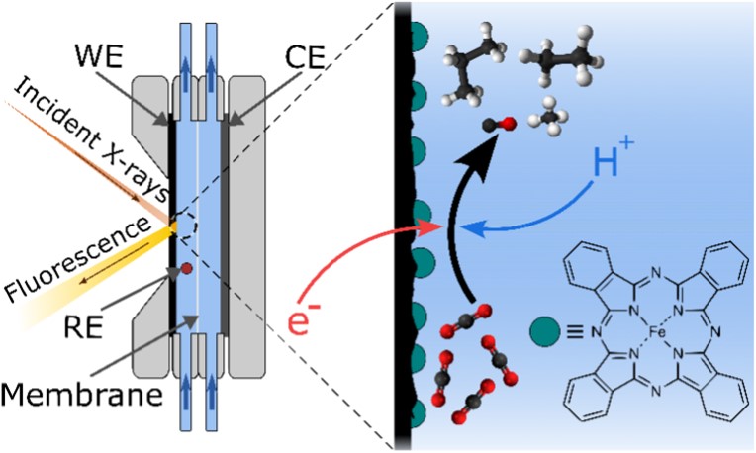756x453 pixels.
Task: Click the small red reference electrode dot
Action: [x=184, y=268]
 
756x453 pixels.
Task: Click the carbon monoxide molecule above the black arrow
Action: [x=496, y=126]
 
